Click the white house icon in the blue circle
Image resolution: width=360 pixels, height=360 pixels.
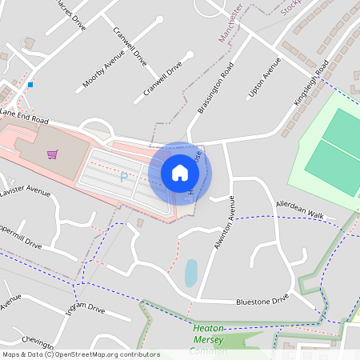pos(180,173)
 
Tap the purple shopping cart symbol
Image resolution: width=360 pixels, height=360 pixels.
pos(52,154)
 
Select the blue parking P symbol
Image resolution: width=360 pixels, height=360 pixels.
pos(124,177)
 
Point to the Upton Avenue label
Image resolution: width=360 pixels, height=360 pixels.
pos(265,78)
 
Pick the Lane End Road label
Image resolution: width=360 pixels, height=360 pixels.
pos(24,117)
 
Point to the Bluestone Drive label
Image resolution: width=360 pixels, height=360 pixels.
pos(262,301)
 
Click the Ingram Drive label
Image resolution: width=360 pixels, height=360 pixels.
pos(85,310)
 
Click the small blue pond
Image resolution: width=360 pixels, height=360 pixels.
pos(191,273)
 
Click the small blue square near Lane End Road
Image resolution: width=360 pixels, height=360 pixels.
pos(30,84)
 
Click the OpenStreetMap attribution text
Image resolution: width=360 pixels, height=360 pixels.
pos(80,354)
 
